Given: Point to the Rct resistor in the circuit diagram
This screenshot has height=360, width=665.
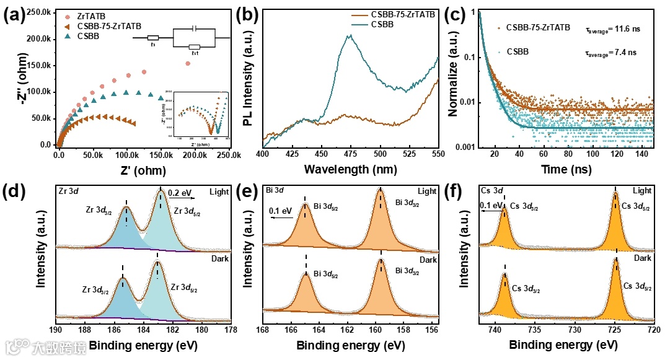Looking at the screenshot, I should coord(195,47).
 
